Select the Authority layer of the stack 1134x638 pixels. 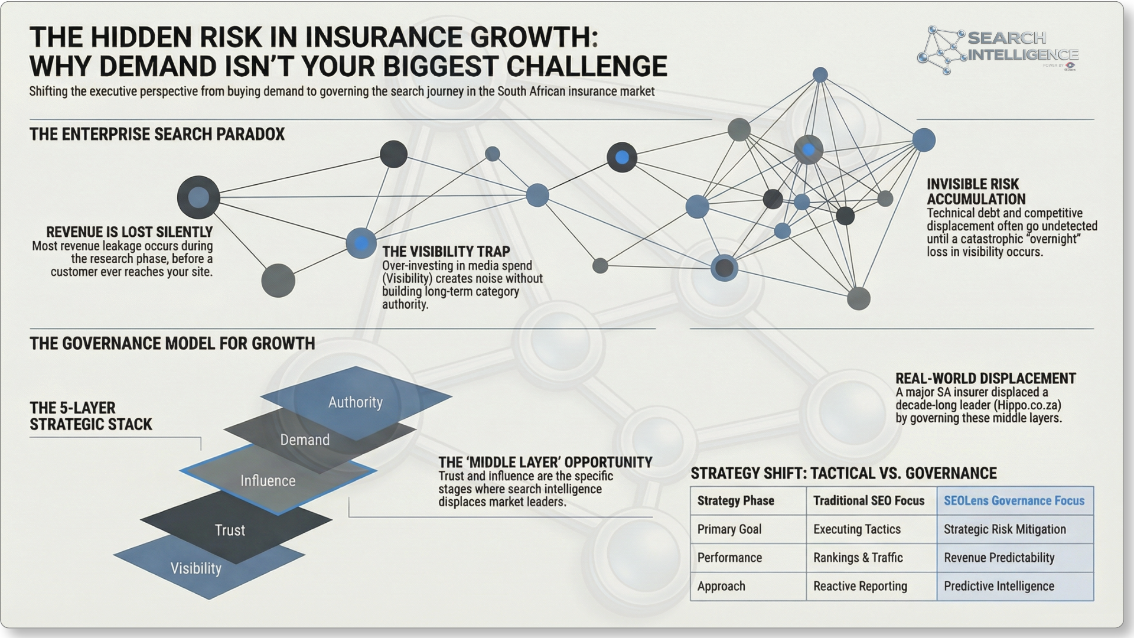coord(356,402)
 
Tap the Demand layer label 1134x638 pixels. coord(305,440)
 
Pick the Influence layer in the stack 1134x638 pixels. coord(268,481)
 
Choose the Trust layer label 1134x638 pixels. coord(230,530)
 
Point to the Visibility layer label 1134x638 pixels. coord(196,568)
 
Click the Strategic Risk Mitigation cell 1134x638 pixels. coord(1005,529)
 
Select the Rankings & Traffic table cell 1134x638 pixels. coord(858,558)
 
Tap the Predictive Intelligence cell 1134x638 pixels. coord(999,586)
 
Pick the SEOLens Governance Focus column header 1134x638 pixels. coord(1014,501)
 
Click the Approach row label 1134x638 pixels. coord(721,586)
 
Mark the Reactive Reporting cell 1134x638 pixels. coord(860,586)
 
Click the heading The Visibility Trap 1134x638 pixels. coord(446,252)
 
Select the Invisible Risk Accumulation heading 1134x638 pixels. coord(976,191)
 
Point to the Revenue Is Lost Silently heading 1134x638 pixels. coord(129,232)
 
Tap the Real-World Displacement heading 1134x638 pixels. coord(985,379)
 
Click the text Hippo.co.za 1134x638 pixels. coord(1028,405)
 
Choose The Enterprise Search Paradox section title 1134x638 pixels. coord(157,134)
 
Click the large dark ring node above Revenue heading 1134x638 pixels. coord(198,197)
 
